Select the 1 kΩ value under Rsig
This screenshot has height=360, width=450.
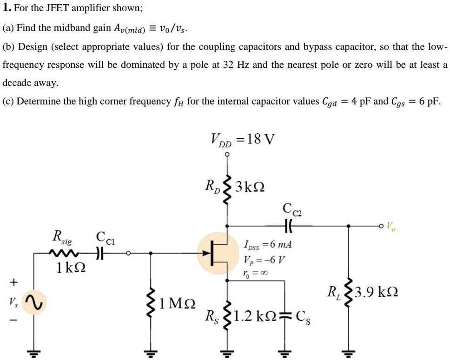(x=70, y=268)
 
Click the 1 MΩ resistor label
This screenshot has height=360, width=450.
(x=176, y=304)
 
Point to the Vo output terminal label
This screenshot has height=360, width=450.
(x=392, y=227)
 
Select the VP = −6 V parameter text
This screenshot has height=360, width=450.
(x=264, y=259)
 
